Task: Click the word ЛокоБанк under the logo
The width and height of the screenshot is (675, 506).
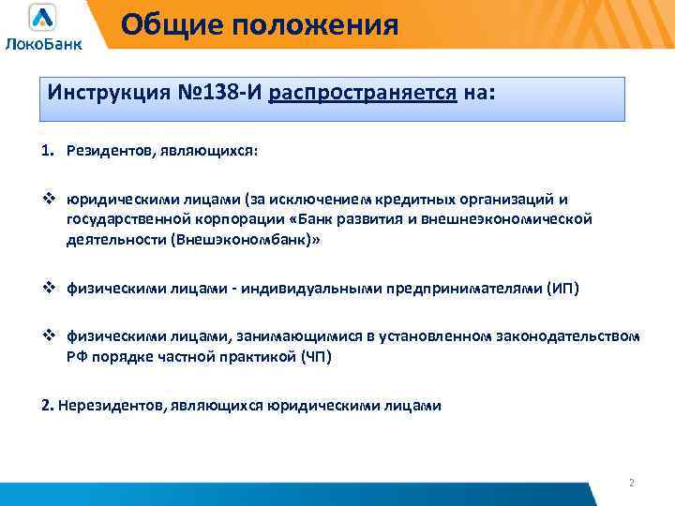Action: click(43, 42)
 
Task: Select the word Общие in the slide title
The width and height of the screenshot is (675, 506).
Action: click(165, 23)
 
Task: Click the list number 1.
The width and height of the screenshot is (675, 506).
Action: click(47, 152)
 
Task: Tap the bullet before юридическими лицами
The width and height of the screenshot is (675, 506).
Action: click(50, 200)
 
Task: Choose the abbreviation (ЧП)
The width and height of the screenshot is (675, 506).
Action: click(310, 357)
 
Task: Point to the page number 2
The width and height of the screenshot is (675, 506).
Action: click(631, 483)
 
